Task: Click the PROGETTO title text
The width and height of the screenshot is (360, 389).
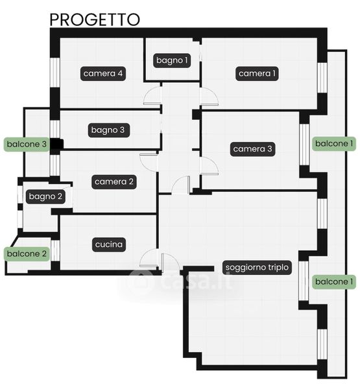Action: (x=95, y=19)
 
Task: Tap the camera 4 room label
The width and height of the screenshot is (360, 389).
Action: (x=103, y=73)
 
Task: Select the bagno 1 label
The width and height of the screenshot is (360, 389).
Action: (x=172, y=60)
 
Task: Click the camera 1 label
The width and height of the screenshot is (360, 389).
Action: (x=257, y=73)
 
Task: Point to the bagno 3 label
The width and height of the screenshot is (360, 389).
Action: (x=109, y=130)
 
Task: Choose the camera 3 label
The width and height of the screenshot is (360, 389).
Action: (x=252, y=149)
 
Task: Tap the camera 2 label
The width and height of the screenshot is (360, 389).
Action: (x=114, y=182)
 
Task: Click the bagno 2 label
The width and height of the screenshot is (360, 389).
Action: (x=45, y=196)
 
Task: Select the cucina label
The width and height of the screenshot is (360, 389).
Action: (x=109, y=244)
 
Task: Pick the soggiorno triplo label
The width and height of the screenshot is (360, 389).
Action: (x=257, y=267)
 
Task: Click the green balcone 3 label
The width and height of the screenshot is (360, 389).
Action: (x=27, y=145)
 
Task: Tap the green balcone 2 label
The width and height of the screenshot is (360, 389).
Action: (x=27, y=253)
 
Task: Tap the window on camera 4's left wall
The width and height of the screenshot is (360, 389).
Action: (x=55, y=73)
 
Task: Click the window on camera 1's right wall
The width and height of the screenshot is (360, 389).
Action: (x=322, y=78)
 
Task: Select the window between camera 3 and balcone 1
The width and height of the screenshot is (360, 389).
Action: (x=304, y=145)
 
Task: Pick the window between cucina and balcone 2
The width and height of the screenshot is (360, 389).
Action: (x=55, y=250)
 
